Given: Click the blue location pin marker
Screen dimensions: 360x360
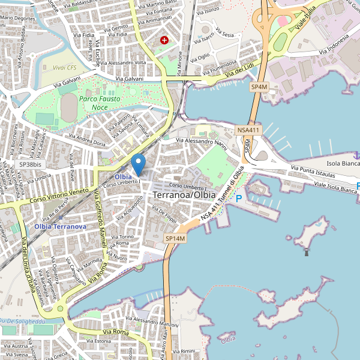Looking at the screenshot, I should pos(139,163).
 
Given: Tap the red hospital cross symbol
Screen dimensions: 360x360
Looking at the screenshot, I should pos(164,40).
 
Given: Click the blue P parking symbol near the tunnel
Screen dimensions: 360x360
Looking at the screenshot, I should pos(239,199).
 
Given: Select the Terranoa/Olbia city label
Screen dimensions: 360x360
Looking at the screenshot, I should pos(184,196).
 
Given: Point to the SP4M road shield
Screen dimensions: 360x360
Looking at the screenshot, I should pos(259,87).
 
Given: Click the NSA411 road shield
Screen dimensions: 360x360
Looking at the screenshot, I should pos(248,130).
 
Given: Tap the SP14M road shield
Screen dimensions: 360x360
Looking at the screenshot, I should pos(176,239).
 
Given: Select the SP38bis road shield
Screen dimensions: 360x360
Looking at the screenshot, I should pos(29,164).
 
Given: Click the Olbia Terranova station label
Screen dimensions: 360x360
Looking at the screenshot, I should pos(60,226).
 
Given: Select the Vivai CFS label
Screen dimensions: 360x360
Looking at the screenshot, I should pos(64,68).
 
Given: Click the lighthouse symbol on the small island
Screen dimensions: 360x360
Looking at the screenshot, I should pos(307,252).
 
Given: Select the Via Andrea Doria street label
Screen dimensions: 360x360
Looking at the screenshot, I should pos(86,141).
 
